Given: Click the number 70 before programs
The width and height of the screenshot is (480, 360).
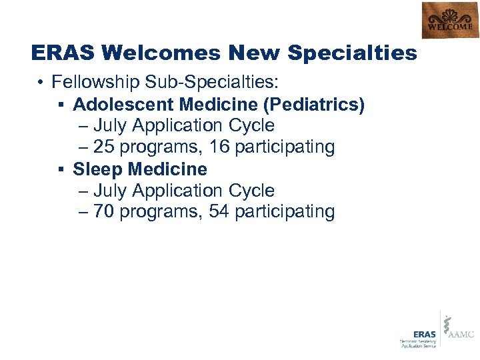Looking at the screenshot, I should [103, 212].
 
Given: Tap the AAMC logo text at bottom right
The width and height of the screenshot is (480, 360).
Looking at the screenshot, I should [461, 334].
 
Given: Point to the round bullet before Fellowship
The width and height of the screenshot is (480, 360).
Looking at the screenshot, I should [41, 83].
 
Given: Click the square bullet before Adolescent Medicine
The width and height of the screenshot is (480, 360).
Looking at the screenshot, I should [62, 105].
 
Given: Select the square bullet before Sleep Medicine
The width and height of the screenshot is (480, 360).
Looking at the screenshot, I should [62, 169].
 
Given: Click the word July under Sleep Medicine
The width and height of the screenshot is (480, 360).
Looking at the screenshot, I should [110, 191].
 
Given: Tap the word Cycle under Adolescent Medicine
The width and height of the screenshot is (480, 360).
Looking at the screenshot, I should [251, 126].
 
